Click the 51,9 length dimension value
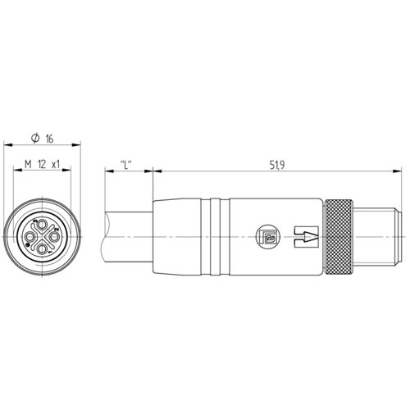277,165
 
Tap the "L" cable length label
126,165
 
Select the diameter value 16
49,139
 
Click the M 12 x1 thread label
42,165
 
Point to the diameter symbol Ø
35,139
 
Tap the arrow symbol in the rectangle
306,237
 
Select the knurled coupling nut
339,237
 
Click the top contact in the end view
42,225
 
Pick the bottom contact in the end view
42,248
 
